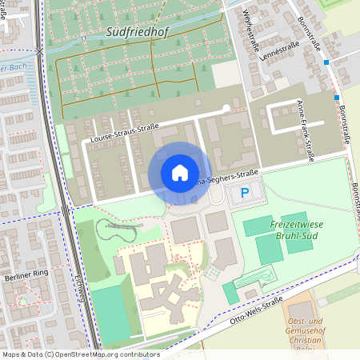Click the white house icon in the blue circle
[x=179, y=173]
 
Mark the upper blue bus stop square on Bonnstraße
[x=326, y=62]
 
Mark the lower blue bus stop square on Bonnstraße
[x=337, y=98]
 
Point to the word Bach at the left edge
[x=21, y=68]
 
